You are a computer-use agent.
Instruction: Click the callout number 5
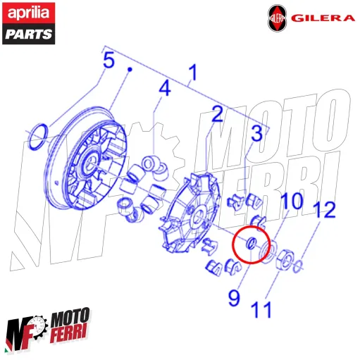pyautogui.click(x=108, y=61)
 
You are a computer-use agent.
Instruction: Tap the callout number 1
pyautogui.click(x=192, y=73)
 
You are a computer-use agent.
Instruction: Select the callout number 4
pyautogui.click(x=163, y=89)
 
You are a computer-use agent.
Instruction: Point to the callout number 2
pyautogui.click(x=218, y=113)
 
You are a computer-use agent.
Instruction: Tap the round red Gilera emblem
pyautogui.click(x=277, y=19)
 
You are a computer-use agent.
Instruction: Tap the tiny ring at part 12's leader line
pyautogui.click(x=299, y=265)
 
